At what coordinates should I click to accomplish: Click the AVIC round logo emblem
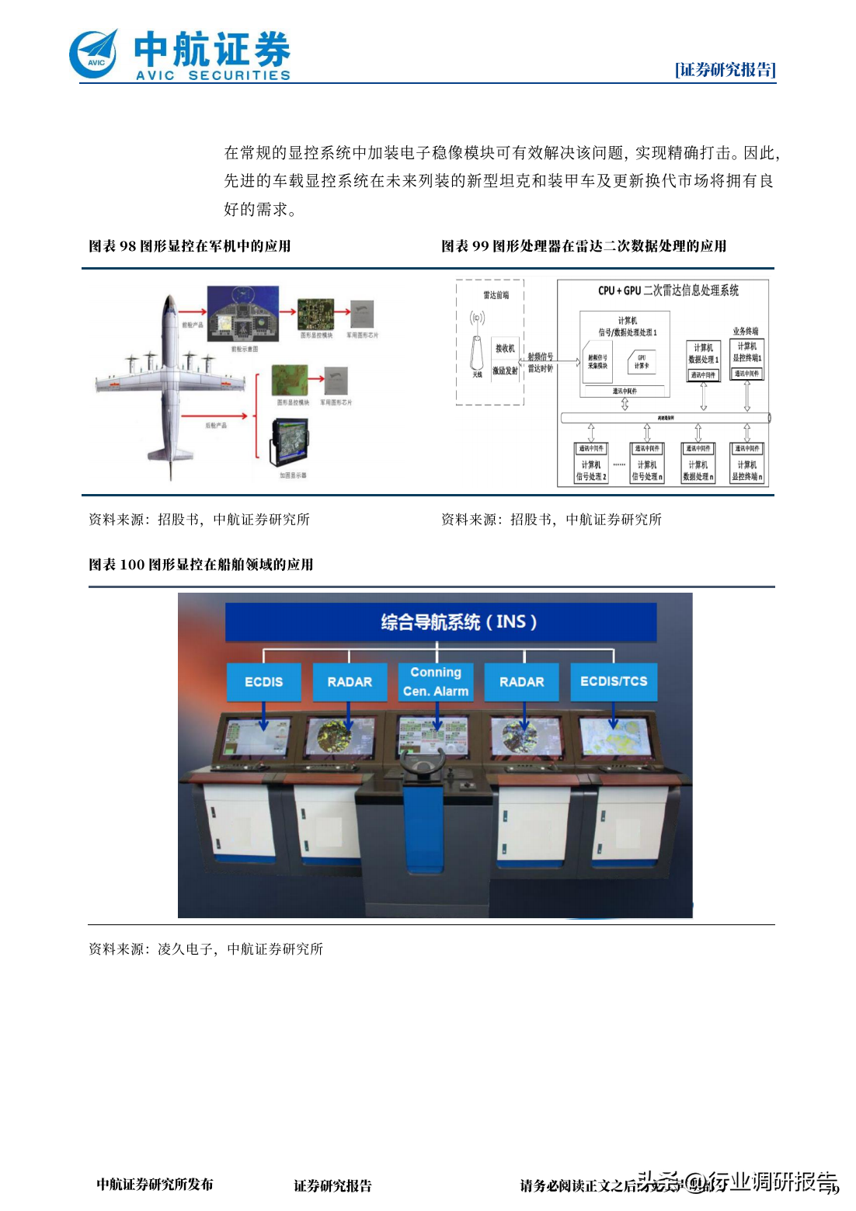(x=94, y=54)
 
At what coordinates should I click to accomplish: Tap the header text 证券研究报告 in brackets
(x=725, y=70)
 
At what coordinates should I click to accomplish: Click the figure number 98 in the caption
(x=127, y=246)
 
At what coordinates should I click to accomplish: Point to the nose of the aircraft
(x=169, y=299)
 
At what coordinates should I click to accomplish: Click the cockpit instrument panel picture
(x=242, y=312)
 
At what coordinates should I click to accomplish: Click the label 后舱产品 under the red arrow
(x=216, y=426)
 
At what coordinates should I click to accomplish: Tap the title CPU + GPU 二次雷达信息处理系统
(x=668, y=291)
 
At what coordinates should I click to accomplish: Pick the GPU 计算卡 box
(x=642, y=362)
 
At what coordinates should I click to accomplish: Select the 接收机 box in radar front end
(x=505, y=349)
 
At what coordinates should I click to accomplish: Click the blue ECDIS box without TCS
(x=263, y=681)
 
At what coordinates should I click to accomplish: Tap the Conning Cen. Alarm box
(x=436, y=681)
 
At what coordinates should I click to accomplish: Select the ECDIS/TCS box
(x=614, y=681)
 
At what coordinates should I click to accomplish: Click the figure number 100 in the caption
(x=132, y=565)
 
